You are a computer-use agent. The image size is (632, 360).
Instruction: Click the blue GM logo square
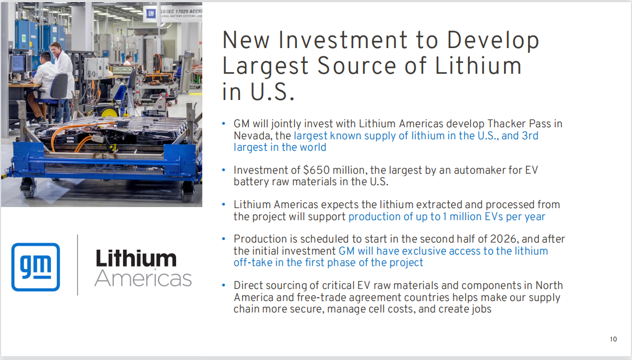click(x=36, y=267)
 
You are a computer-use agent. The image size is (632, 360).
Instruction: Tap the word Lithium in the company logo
click(x=136, y=258)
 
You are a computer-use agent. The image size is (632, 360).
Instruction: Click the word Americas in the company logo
click(x=143, y=278)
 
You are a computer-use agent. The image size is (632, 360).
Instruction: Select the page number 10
click(x=613, y=339)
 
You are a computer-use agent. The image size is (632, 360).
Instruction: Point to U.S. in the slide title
click(x=272, y=91)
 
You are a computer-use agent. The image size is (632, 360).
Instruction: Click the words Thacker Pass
click(x=519, y=123)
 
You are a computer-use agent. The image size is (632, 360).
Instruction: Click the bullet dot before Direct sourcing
click(x=224, y=286)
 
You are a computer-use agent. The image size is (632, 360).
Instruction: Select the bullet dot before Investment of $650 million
click(x=224, y=170)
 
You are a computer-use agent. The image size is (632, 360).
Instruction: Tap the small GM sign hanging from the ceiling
click(x=151, y=13)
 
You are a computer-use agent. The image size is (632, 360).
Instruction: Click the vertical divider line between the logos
click(x=78, y=265)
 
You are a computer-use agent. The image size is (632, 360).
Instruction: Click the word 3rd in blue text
click(x=530, y=135)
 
